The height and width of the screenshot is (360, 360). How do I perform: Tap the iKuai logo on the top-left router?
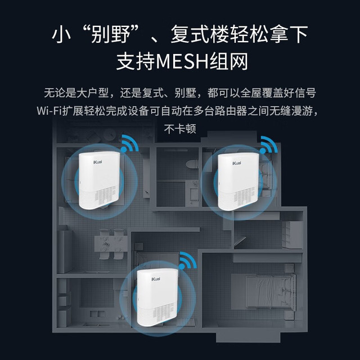tap(98, 162)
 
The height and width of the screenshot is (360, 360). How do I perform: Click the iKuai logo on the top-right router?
tap(237, 163)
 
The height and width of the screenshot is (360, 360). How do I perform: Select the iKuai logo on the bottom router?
tap(156, 279)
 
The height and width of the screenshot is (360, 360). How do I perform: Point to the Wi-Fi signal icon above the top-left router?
tap(130, 143)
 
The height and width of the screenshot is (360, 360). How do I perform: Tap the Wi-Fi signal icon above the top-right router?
tap(269, 145)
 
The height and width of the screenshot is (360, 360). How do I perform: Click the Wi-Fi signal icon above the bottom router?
tap(188, 260)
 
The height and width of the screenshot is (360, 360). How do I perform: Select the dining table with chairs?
tap(111, 244)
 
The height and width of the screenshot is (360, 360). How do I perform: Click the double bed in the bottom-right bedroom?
tap(270, 291)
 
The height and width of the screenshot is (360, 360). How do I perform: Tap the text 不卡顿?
tap(180, 129)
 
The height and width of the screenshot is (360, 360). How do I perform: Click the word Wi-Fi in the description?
tap(49, 111)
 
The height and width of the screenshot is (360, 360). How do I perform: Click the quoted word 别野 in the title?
tap(111, 34)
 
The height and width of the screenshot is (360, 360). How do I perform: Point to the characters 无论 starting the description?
tap(55, 93)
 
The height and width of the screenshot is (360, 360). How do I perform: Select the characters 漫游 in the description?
tap(303, 111)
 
